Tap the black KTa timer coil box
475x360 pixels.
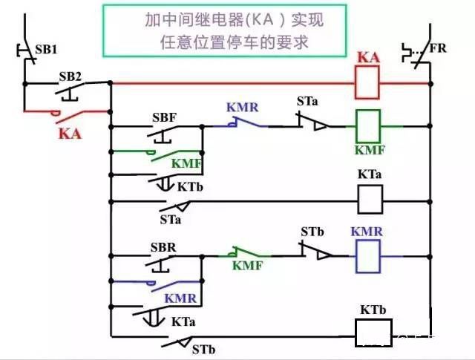pos(370,199)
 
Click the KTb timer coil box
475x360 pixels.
pos(373,333)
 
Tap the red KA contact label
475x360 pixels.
pos(68,133)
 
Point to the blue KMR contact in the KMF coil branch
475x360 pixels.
pos(242,124)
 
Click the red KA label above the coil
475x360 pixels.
pos(370,57)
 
